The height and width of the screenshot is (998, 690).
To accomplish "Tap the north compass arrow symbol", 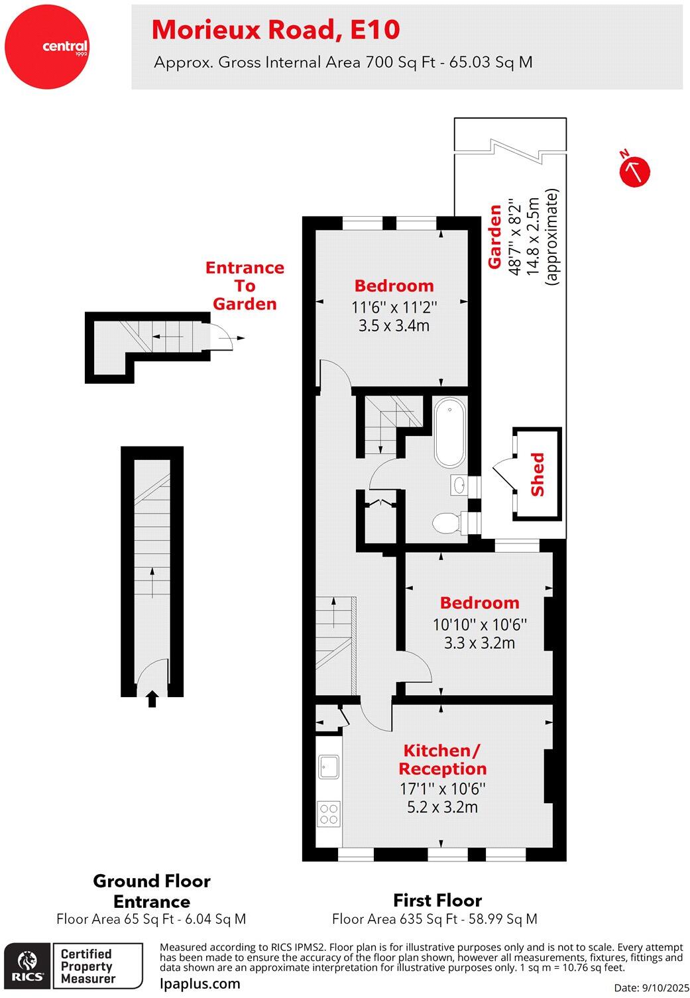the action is point(634,171).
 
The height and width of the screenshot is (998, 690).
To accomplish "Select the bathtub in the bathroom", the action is point(450,433).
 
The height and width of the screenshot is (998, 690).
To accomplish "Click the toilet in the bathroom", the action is point(446,523).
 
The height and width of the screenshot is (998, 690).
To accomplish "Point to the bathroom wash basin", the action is point(459,485).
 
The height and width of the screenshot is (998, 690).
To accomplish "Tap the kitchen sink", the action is point(329,767).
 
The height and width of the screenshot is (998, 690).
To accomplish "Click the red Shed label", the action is point(537,474).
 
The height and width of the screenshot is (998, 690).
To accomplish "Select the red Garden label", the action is point(494,237).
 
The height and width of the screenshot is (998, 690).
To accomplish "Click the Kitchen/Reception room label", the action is point(442,759).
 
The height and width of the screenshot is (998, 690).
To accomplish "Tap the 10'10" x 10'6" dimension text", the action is point(479,624).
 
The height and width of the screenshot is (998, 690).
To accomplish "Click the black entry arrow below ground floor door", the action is point(152,698).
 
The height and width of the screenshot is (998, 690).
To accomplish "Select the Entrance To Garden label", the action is point(245,286).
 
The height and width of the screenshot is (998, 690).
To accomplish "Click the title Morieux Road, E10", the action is point(276,30).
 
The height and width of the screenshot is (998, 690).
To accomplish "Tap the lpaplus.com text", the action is point(200,983).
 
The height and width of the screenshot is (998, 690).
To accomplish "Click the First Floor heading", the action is point(437,900).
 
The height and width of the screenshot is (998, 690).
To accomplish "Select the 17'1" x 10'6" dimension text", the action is point(442,789).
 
